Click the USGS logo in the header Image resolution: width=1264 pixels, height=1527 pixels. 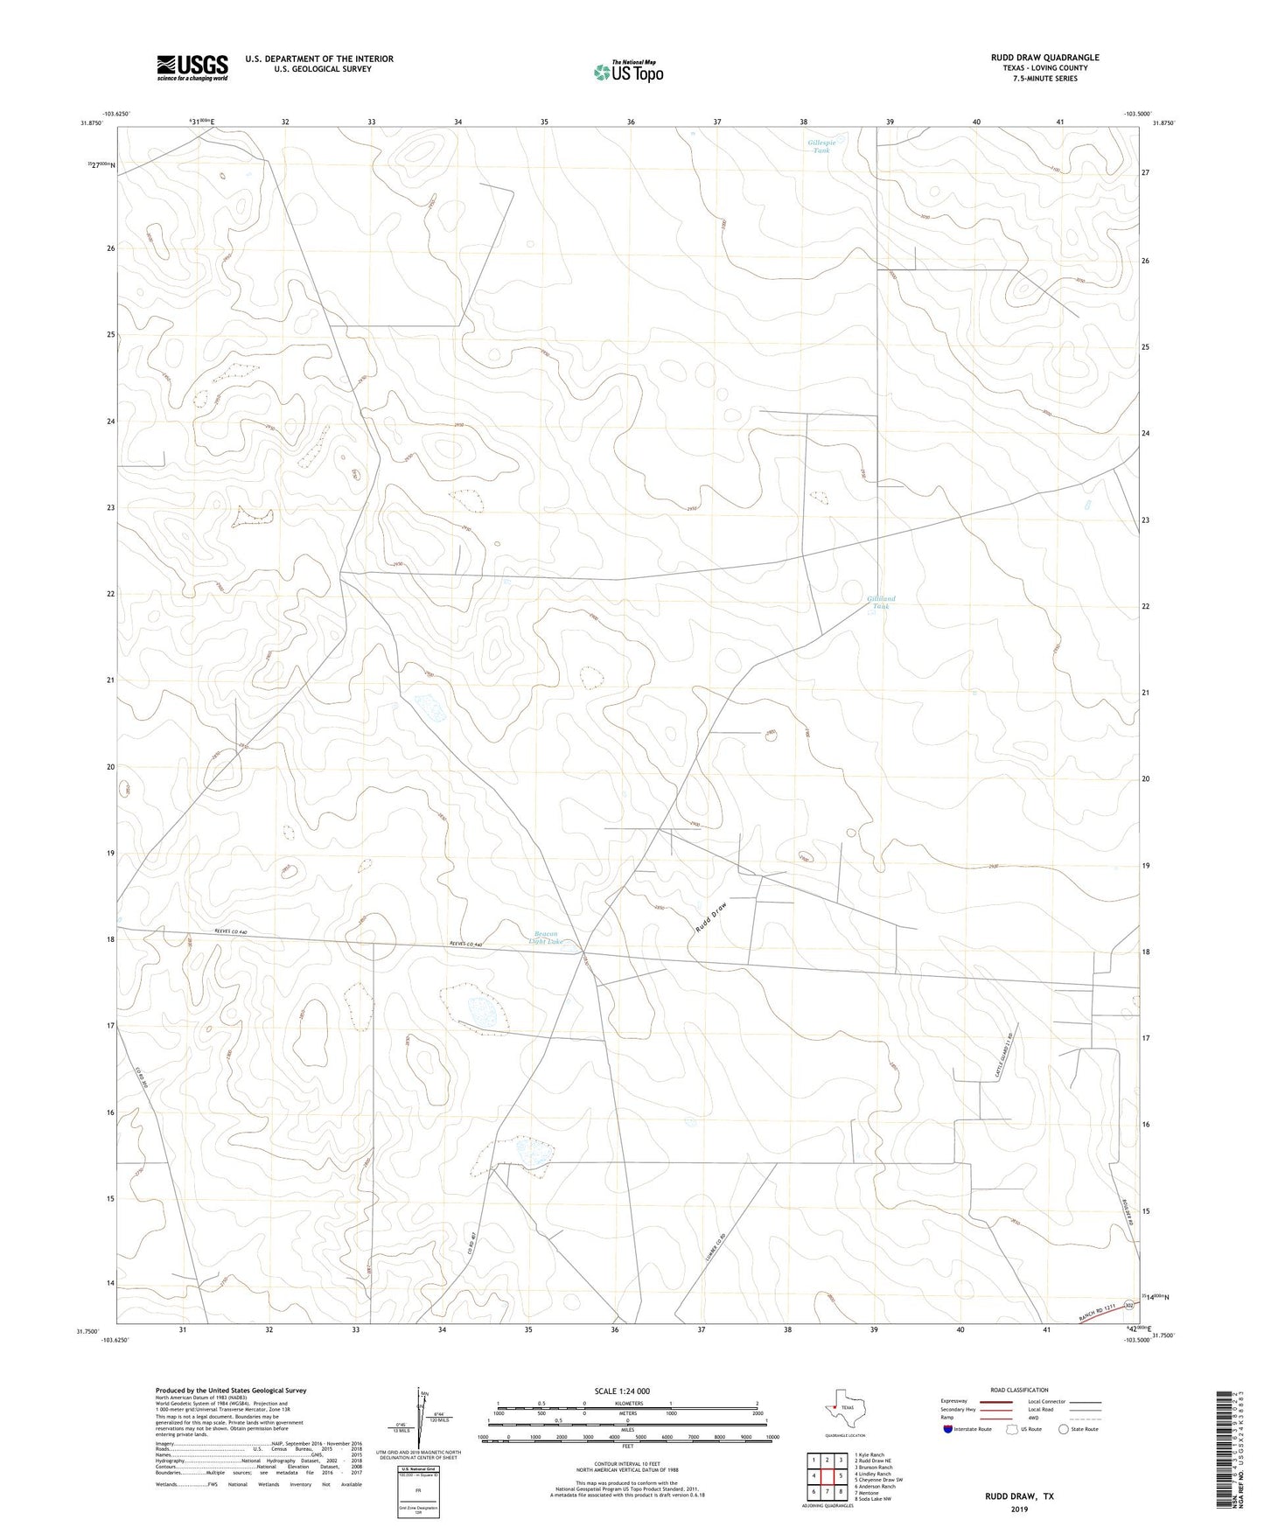[x=192, y=66]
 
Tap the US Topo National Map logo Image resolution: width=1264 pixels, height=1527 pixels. [x=628, y=72]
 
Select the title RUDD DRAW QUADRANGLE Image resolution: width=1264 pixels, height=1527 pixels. [x=1044, y=58]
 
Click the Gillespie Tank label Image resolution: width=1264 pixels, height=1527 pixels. [x=821, y=147]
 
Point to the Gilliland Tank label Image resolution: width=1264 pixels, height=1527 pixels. [x=881, y=603]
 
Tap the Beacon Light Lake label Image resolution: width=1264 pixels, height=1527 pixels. [x=548, y=938]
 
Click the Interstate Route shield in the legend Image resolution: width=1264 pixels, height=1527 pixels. [x=948, y=1453]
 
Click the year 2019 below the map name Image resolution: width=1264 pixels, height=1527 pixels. [x=1019, y=1509]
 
